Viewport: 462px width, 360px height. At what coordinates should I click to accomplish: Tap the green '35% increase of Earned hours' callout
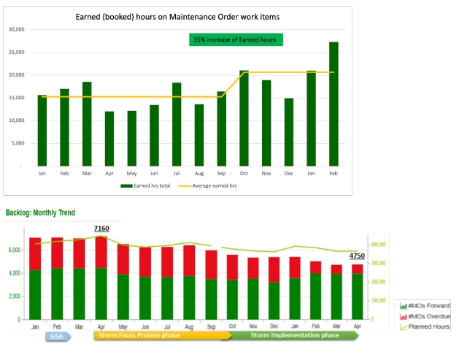(x=235, y=39)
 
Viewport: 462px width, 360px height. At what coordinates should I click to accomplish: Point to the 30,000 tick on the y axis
(x=16, y=29)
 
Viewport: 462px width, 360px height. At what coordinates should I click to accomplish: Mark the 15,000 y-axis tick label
(x=16, y=98)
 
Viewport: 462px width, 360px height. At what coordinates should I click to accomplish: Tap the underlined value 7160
(x=101, y=229)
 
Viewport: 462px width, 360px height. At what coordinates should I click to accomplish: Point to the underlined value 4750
(x=357, y=256)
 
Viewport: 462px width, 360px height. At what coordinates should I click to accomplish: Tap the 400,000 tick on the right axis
(x=379, y=245)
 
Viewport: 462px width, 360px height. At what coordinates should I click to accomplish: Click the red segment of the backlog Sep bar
(x=211, y=264)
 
